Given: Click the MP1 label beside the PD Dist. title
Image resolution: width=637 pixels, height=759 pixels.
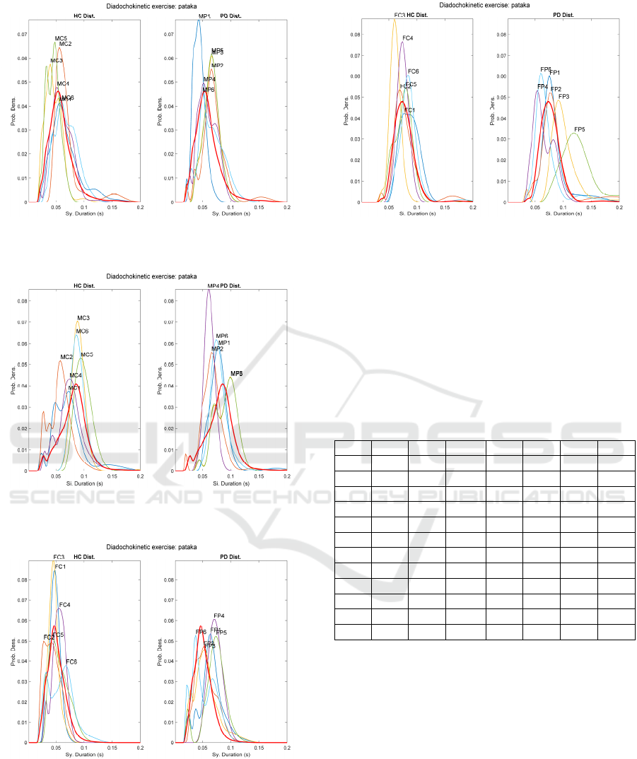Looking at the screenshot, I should [204, 15].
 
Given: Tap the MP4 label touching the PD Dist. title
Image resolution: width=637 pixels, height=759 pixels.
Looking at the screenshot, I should [214, 286].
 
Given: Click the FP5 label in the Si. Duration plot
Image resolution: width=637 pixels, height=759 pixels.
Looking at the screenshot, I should [580, 129].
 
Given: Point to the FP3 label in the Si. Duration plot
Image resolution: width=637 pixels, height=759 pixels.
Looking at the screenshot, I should [563, 96].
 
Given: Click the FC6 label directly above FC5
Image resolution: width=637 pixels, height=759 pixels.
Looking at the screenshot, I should [414, 71].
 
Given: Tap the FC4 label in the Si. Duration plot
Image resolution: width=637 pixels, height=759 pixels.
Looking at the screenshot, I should [407, 38].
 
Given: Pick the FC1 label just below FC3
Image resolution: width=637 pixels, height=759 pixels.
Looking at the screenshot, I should [60, 567].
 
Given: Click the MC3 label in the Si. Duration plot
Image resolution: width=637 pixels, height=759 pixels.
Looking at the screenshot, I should [83, 318].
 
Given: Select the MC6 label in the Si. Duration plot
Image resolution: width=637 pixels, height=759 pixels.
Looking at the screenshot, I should [82, 331].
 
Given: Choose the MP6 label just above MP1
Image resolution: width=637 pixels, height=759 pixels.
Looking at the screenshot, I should [222, 336].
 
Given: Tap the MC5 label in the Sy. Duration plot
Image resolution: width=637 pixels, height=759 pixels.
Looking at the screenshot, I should [61, 38].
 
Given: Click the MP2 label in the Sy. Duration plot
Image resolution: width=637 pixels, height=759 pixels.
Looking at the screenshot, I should [217, 66].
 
